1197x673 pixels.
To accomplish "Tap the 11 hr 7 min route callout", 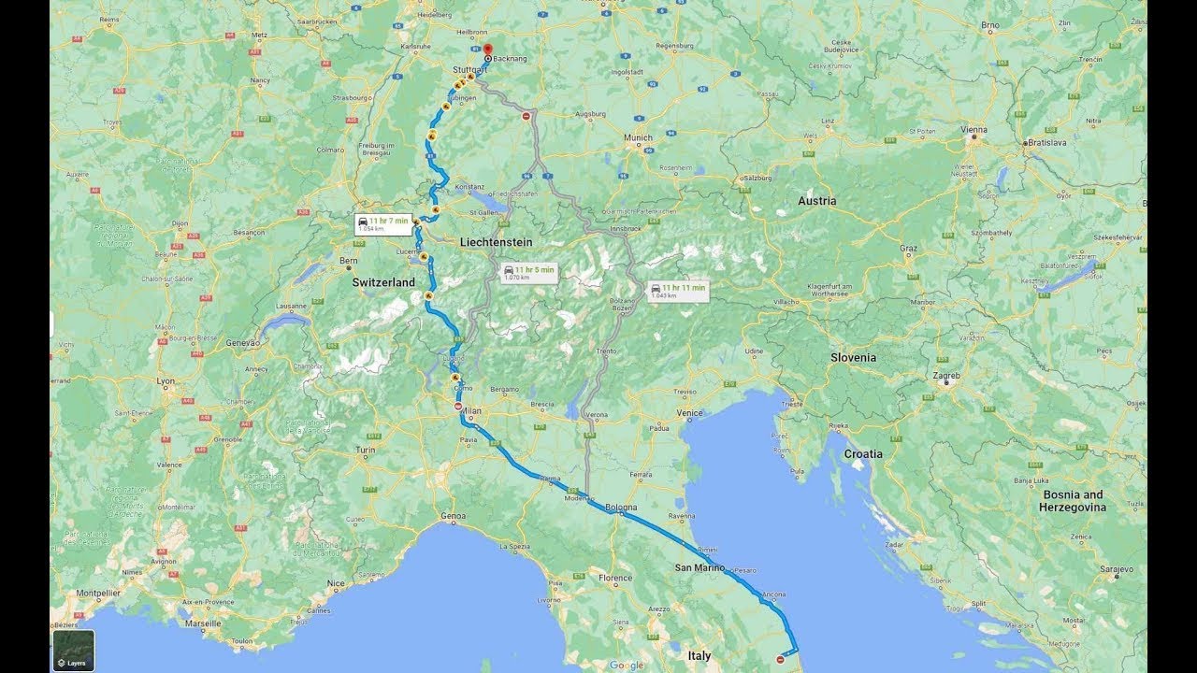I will click(383, 223).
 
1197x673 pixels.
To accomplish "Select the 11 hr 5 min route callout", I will click(529, 273).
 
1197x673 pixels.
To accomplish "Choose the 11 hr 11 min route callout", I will click(677, 291).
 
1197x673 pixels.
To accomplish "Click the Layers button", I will click(73, 651).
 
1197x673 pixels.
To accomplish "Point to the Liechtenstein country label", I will click(496, 242).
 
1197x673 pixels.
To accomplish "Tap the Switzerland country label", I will click(383, 281).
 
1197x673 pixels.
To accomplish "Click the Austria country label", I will click(816, 201).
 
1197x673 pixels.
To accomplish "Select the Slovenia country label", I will click(853, 357).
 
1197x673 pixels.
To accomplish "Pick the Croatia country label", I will click(862, 453).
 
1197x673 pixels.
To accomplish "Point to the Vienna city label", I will click(973, 130).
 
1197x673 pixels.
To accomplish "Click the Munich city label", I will click(638, 137).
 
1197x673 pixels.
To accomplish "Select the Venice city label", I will click(690, 412).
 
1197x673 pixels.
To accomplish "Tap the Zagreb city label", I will click(945, 376).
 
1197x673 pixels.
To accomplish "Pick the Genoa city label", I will click(453, 516).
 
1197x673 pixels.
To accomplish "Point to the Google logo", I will click(626, 666).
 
